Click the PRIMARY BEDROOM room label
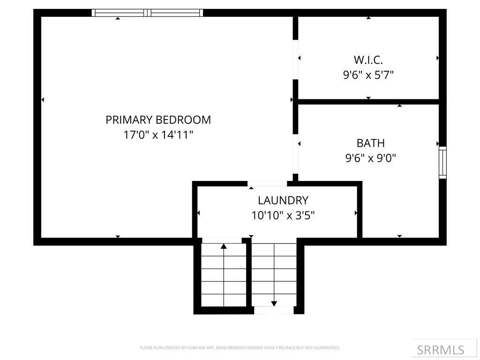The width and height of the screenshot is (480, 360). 158,120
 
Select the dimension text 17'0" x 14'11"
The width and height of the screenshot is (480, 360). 158,135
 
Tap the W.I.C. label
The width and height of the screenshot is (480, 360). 368,60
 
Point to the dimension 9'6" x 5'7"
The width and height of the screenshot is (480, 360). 368,75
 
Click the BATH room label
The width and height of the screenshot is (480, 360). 370,143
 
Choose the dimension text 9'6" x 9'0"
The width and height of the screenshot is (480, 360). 370,158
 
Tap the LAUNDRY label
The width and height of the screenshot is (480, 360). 283,201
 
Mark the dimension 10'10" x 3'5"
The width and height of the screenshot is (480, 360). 283,216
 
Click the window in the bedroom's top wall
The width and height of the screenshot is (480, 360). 147,13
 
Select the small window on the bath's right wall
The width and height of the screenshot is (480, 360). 442,163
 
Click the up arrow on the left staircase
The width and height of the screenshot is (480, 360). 224,246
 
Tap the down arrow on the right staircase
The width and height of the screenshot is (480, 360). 274,303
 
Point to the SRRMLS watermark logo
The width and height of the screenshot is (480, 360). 441,350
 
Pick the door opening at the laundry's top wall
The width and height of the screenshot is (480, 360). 267,184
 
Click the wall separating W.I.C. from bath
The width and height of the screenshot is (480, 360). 368,102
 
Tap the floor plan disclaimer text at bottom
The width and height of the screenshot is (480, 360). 240,348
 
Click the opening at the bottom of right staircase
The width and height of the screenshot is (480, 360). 274,310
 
